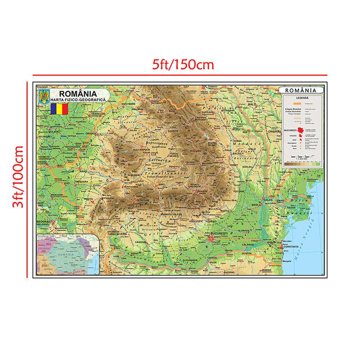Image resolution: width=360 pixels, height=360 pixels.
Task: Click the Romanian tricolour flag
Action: tap(59, 109)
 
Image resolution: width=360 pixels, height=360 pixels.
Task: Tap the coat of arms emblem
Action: tap(44, 97)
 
